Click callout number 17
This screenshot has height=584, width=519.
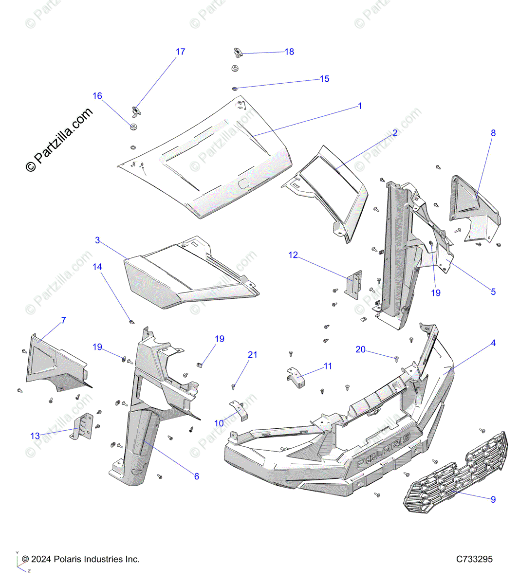click(x=180, y=52)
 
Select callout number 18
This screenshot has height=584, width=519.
click(x=289, y=52)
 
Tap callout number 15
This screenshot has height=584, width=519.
click(x=324, y=79)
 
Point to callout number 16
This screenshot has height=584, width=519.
click(x=97, y=96)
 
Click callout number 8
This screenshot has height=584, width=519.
click(x=493, y=133)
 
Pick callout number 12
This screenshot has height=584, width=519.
click(x=293, y=255)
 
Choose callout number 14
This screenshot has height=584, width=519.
click(x=97, y=267)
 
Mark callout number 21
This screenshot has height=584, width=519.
click(x=252, y=355)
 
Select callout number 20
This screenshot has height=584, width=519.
click(x=360, y=349)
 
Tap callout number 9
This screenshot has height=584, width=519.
click(x=493, y=499)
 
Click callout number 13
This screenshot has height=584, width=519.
click(x=35, y=436)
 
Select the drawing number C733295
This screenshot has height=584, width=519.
click(x=474, y=560)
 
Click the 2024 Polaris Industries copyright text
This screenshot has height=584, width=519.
click(x=81, y=560)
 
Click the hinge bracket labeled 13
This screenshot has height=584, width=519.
click(x=82, y=426)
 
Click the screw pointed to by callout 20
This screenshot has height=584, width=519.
click(x=396, y=359)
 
